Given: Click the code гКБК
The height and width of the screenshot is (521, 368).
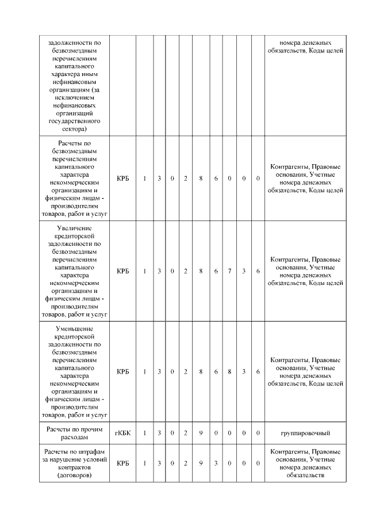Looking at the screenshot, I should click(x=122, y=432).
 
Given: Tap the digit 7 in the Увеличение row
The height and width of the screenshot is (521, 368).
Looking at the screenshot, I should click(x=229, y=271).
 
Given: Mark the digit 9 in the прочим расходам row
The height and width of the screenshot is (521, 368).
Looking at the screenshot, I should click(x=201, y=432).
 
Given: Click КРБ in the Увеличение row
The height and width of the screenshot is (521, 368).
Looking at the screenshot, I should click(x=122, y=271).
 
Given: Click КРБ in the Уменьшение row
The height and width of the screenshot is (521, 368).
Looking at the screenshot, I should click(x=122, y=372).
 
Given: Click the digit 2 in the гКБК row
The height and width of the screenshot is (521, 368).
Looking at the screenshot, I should click(x=186, y=432).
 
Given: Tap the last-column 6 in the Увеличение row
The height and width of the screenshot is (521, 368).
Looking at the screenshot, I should click(x=258, y=271).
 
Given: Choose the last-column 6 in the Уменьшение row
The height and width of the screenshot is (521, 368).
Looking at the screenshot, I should click(x=258, y=372).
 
